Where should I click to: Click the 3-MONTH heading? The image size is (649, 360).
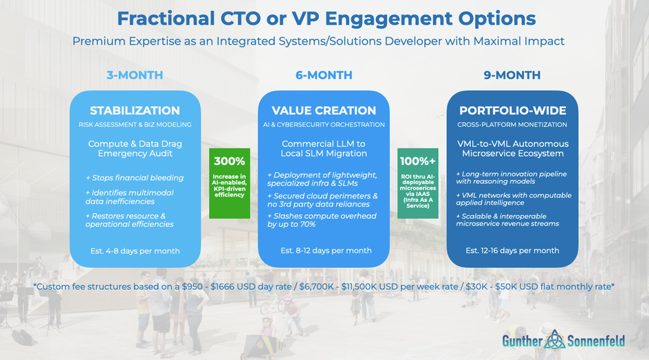135,75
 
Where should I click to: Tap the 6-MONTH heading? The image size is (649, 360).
324,75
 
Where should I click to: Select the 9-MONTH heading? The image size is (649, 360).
512,75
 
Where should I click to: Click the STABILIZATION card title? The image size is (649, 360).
135,111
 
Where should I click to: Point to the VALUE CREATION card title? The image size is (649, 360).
324,111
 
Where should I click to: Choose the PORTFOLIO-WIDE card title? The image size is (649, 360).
512,111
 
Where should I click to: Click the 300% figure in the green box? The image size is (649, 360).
230,161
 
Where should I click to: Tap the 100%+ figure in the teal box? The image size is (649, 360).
417,161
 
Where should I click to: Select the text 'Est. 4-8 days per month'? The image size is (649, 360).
135,251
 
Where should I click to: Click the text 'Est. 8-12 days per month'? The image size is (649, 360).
326,251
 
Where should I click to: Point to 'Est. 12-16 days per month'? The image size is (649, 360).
512,251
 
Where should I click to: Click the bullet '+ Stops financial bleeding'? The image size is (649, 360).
135,178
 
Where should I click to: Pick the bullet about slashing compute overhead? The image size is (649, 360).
322,220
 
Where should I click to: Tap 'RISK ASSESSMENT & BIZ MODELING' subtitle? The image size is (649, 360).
135,124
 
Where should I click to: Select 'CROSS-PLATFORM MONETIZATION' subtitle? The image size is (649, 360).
512,124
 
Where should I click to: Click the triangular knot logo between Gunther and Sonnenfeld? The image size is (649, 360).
555,341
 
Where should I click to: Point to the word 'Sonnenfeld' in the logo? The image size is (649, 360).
596,341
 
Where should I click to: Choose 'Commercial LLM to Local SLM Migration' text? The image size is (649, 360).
324,148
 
